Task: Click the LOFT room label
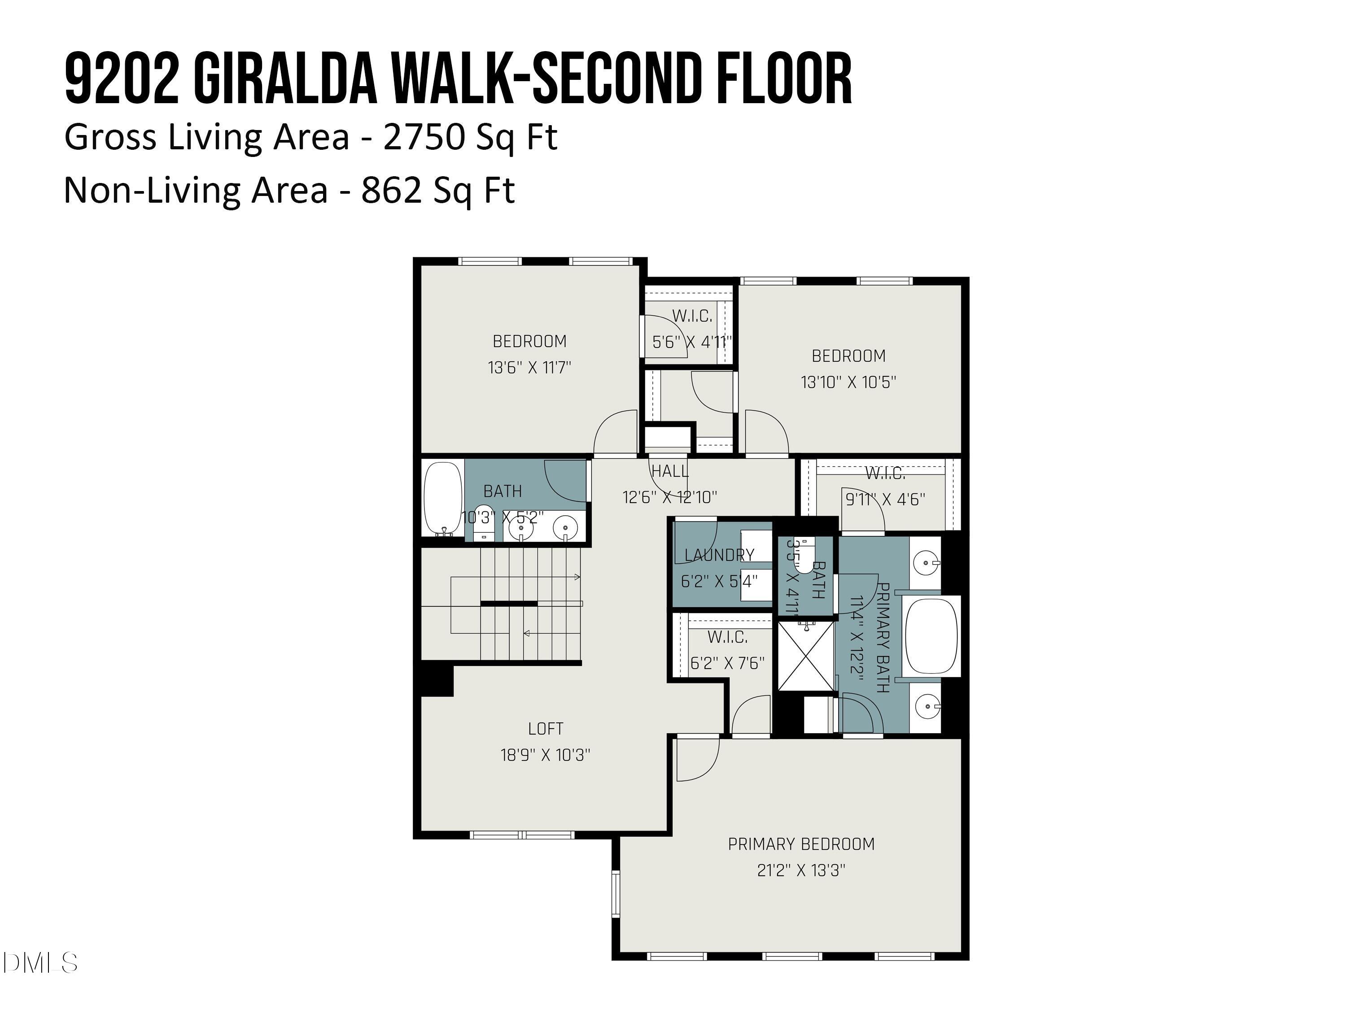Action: click(545, 729)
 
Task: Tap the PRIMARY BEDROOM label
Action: click(801, 844)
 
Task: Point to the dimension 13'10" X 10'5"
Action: click(848, 383)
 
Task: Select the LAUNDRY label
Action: click(719, 555)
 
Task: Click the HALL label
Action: click(670, 471)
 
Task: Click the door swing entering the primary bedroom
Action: click(697, 759)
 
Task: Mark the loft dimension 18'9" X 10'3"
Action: click(545, 755)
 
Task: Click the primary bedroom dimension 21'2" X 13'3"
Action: click(801, 871)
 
